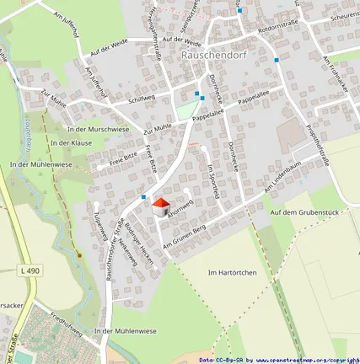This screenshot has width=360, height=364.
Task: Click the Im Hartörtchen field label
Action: pyautogui.click(x=232, y=274)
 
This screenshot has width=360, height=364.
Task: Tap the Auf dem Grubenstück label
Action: pyautogui.click(x=304, y=212)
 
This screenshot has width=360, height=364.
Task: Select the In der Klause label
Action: pyautogui.click(x=70, y=143)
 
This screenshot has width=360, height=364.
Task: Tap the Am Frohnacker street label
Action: pyautogui.click(x=336, y=70)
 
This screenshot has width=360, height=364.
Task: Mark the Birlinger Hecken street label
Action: pyautogui.click(x=140, y=244)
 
